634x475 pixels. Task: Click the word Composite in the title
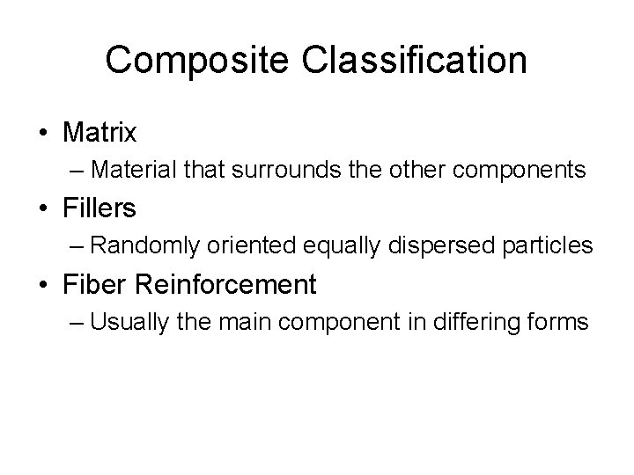187,61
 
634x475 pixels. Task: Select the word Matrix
100,133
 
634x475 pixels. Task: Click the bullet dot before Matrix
43,134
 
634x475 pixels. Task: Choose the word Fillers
100,208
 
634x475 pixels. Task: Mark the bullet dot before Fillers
43,209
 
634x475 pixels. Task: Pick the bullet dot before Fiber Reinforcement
43,285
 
